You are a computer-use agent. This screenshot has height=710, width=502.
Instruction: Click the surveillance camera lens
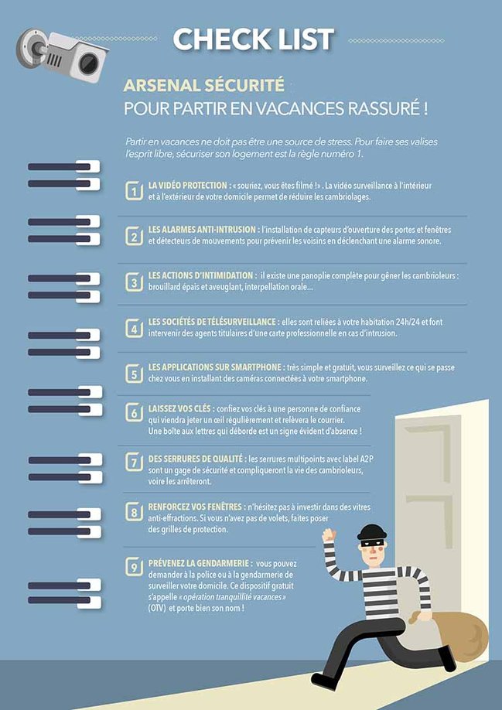point(89,63)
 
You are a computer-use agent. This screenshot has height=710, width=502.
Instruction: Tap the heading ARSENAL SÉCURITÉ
point(203,86)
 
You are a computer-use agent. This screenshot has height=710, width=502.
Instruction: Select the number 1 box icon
point(134,190)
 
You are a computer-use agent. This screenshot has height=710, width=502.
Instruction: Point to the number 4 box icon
point(134,328)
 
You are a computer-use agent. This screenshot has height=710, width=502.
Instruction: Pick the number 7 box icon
point(134,463)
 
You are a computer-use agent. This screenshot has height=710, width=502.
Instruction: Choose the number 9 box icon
point(134,567)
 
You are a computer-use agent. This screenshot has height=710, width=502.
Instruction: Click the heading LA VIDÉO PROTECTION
point(187,185)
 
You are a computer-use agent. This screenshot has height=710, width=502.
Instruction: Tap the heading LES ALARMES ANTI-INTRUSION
point(203,230)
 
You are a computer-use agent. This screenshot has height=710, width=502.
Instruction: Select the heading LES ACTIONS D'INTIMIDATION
point(200,275)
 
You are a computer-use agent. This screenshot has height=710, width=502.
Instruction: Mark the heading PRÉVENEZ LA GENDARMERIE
point(199,563)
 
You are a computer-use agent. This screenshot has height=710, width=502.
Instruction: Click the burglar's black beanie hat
point(371,531)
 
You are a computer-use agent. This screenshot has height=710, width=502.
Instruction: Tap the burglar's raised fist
point(329,535)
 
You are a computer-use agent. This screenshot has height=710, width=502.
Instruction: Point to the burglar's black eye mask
point(373,542)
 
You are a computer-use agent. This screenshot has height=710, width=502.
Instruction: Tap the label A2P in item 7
point(367,459)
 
